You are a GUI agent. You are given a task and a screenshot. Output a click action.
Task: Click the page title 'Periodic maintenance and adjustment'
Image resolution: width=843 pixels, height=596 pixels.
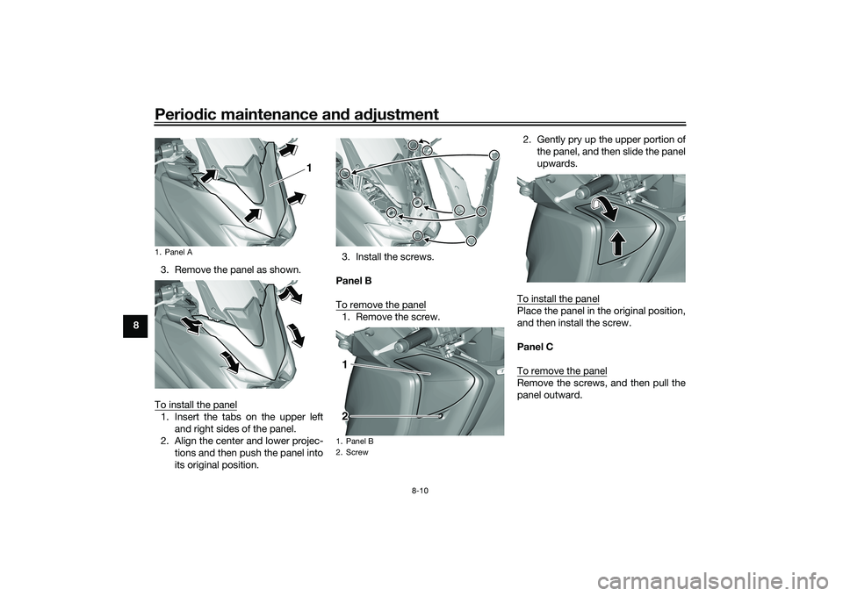coord(296,114)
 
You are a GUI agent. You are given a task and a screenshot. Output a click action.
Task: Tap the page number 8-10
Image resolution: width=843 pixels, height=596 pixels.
coord(421,490)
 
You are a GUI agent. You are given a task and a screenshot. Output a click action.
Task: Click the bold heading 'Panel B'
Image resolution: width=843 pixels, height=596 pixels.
coord(354,281)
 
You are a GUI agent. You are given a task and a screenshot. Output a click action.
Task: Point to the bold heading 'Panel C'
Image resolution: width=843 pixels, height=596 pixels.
coord(535,348)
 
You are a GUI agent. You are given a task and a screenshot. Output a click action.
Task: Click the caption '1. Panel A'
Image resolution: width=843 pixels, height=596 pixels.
coord(173,252)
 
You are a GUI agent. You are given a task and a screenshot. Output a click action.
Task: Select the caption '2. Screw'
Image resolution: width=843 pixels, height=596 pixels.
coord(352,453)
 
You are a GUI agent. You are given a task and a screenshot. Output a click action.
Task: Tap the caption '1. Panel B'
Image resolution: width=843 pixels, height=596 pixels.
coord(355,442)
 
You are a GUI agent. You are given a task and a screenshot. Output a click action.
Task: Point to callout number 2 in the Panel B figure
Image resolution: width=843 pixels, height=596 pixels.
coord(344,416)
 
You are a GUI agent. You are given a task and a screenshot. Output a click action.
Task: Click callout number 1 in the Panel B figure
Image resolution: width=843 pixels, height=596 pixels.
coord(344,365)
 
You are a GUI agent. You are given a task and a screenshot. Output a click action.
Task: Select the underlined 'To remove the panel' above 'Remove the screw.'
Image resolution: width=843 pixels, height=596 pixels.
coord(380,305)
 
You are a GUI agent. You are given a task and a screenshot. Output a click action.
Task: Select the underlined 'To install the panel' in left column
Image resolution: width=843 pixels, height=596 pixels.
coord(196,405)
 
